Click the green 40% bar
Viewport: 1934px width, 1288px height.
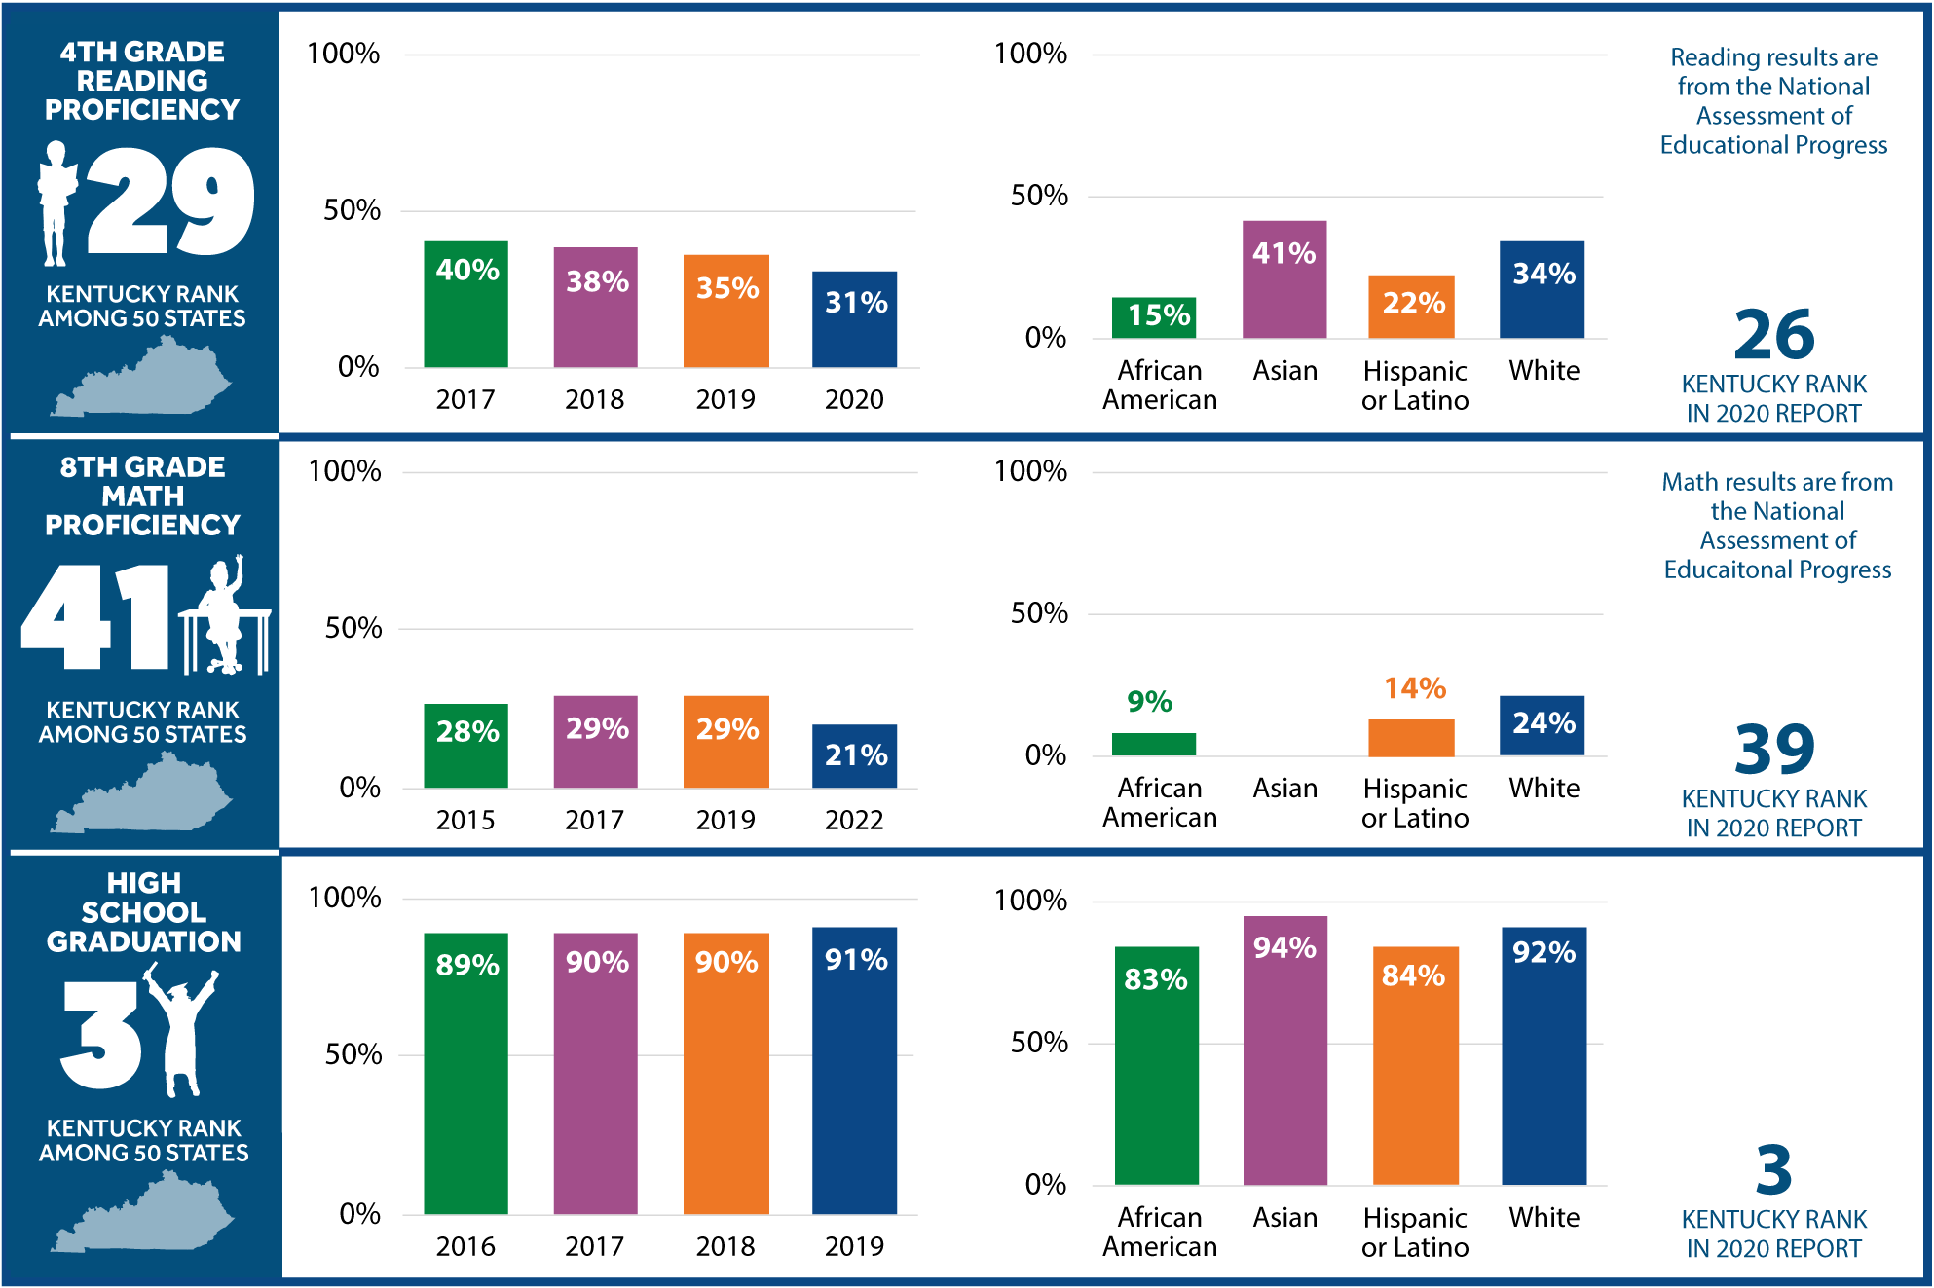465,304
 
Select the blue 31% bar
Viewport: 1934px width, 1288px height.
855,319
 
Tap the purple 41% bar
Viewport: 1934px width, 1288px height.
1284,279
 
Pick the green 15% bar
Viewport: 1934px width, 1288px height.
1154,317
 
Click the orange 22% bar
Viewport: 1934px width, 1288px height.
1411,307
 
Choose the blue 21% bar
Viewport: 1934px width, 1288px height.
855,756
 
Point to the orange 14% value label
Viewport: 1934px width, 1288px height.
1415,688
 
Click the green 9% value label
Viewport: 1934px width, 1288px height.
1149,701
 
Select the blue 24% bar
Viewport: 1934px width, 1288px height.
1543,725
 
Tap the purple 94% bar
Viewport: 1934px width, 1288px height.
1285,1050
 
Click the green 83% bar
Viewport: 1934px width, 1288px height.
1157,1066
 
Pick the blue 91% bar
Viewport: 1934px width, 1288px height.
855,1071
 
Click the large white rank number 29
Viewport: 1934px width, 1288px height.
171,202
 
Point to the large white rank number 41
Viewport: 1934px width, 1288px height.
95,617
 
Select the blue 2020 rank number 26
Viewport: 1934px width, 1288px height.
1774,335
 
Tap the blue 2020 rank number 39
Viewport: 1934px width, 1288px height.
1774,749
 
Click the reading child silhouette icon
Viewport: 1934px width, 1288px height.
56,203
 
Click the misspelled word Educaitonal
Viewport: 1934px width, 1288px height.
1720,570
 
